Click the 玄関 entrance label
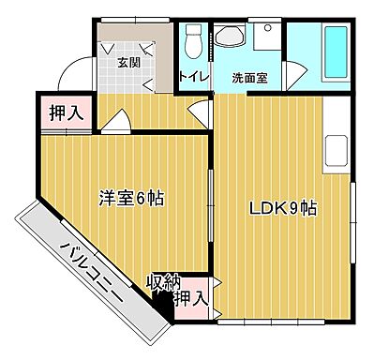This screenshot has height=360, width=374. tap(127, 62)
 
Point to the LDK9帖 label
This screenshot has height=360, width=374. tap(281, 208)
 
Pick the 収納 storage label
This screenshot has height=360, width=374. tap(163, 280)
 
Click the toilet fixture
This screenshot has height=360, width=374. tap(193, 39)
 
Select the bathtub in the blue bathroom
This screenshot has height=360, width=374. tap(334, 53)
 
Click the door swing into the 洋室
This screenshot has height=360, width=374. tap(117, 123)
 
